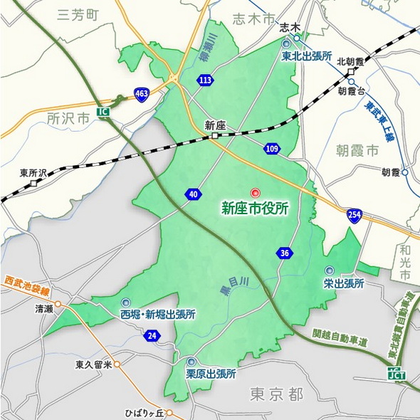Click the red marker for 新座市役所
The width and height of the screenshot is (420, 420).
coord(256,193)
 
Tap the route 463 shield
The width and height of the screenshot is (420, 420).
coord(142,94)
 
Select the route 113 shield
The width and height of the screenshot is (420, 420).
coord(205,80)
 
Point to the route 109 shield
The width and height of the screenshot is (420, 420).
coord(271,149)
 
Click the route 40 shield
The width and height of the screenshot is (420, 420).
coord(194,194)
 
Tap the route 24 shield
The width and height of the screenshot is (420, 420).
coord(152,336)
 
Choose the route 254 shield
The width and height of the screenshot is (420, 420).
coord(354,214)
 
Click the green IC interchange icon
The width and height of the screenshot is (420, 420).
coord(104,113)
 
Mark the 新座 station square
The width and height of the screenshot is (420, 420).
coord(214,136)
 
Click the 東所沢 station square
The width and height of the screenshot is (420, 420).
coord(33,183)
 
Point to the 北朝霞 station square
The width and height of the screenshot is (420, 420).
coord(350,73)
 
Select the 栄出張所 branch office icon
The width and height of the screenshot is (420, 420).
coord(329,271)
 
